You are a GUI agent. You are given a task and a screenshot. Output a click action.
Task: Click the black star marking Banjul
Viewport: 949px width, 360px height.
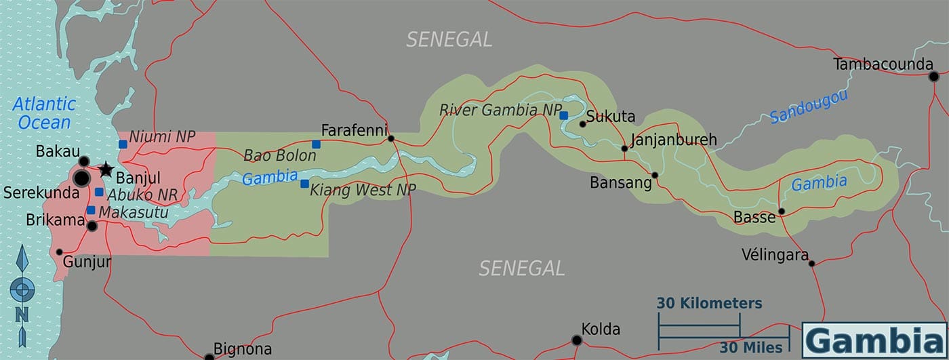pyautogui.click(x=106, y=169)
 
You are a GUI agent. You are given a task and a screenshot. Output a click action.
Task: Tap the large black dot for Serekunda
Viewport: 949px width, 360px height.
pyautogui.click(x=81, y=178)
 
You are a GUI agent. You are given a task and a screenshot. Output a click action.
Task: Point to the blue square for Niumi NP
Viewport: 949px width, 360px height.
pyautogui.click(x=123, y=144)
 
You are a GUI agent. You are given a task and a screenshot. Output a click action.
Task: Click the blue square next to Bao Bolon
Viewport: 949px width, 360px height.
pyautogui.click(x=316, y=144)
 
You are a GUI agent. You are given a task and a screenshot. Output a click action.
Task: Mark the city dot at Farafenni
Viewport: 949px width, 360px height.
pyautogui.click(x=391, y=138)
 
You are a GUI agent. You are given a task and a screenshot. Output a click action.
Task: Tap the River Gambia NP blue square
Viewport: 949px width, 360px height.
pyautogui.click(x=563, y=115)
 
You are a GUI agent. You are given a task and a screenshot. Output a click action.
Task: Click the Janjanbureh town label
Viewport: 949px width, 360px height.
pyautogui.click(x=673, y=140)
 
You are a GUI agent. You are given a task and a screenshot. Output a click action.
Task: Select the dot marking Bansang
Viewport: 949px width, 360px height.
pyautogui.click(x=655, y=175)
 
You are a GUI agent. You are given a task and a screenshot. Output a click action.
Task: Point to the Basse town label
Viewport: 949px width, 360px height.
pyautogui.click(x=754, y=218)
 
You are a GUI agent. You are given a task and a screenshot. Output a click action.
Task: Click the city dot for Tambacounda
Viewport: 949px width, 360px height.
pyautogui.click(x=933, y=76)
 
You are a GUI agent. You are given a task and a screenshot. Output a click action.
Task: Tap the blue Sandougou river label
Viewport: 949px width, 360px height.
pyautogui.click(x=809, y=106)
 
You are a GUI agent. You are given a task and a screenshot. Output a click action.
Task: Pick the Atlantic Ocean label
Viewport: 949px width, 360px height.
pyautogui.click(x=44, y=113)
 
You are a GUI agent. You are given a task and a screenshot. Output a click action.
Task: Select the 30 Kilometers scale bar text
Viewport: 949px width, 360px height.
pyautogui.click(x=709, y=303)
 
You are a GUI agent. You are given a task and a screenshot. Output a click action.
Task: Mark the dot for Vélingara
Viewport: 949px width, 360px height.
pyautogui.click(x=811, y=263)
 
